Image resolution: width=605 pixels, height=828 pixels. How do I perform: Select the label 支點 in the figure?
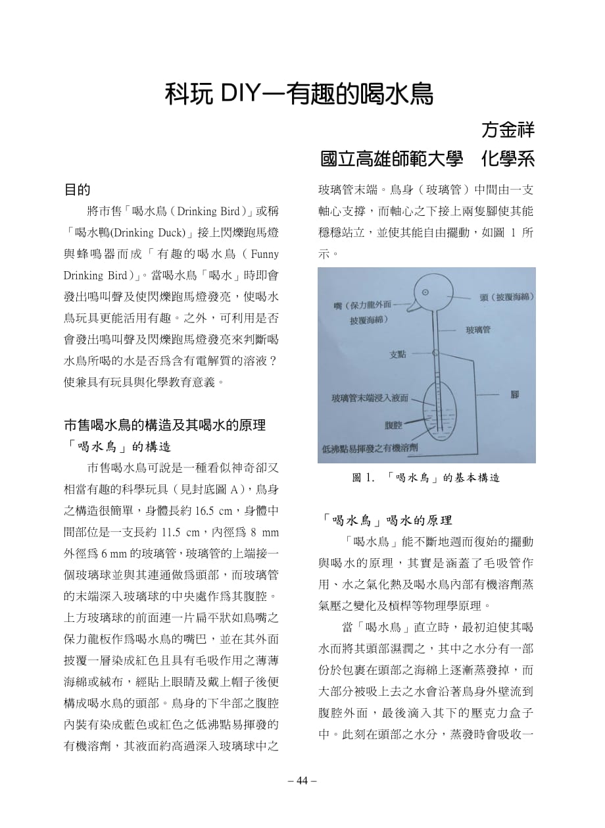[x=398, y=354]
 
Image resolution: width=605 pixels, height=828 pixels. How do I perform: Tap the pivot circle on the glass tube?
[x=435, y=353]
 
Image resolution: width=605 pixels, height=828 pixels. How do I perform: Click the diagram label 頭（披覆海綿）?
[x=506, y=298]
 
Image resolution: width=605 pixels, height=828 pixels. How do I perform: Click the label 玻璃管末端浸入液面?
[x=370, y=398]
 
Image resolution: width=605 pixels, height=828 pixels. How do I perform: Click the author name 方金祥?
[x=508, y=129]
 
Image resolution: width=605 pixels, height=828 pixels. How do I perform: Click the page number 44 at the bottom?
[x=302, y=781]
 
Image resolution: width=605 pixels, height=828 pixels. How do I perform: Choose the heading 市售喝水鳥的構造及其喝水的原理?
[x=164, y=425]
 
